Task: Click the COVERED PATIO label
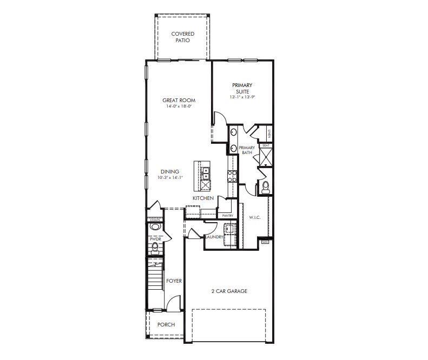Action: point(183,37)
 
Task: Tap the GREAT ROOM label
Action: point(179,100)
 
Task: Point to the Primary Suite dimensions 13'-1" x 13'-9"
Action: point(242,97)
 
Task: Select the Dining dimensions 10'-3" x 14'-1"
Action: point(170,177)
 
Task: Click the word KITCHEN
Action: point(203,198)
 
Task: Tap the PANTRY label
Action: point(228,216)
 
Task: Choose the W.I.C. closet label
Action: point(255,218)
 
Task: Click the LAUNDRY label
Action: point(214,237)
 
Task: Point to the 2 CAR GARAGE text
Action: point(229,291)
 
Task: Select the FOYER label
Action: point(174,281)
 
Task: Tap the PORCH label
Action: point(166,325)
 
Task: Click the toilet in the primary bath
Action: point(265,187)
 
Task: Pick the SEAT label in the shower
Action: point(266,145)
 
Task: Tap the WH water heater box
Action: point(265,242)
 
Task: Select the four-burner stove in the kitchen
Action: point(232,175)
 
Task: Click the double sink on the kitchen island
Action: point(206,172)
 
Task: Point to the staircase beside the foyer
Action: point(155,281)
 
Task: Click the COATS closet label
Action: point(155,220)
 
